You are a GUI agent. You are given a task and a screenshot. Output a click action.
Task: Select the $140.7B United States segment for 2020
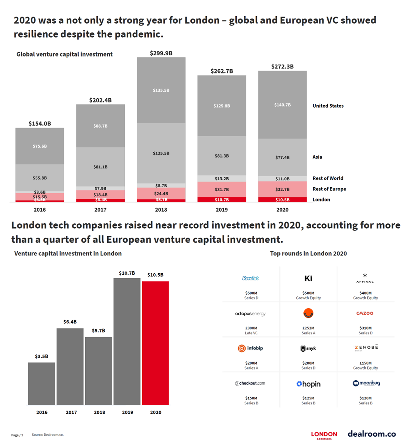click(x=282, y=105)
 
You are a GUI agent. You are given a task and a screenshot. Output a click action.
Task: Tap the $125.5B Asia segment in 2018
click(x=161, y=153)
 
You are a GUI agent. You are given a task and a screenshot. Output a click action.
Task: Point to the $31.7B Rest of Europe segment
click(x=222, y=190)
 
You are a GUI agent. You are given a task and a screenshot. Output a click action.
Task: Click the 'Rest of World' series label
click(x=328, y=178)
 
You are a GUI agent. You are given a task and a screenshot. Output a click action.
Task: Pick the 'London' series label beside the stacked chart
click(x=321, y=200)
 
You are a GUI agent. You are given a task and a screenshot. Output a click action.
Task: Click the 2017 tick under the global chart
click(x=100, y=210)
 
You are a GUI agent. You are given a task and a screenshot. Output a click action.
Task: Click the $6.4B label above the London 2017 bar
click(x=70, y=322)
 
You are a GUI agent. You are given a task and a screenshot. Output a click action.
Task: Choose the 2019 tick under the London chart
click(x=127, y=413)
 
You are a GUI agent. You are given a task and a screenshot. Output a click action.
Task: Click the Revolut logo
click(x=250, y=278)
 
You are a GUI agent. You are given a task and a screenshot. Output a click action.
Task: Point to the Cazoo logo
click(x=365, y=313)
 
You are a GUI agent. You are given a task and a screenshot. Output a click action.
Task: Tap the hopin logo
click(x=308, y=384)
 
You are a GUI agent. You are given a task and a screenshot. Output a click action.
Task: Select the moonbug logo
click(x=366, y=383)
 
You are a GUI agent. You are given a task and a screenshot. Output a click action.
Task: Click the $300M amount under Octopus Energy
click(x=250, y=328)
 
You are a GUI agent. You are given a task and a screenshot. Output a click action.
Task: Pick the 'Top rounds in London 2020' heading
click(x=308, y=254)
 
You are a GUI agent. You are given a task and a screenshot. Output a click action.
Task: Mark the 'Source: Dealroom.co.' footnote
click(x=47, y=435)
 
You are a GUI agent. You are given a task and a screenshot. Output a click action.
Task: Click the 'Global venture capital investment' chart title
click(x=64, y=55)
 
